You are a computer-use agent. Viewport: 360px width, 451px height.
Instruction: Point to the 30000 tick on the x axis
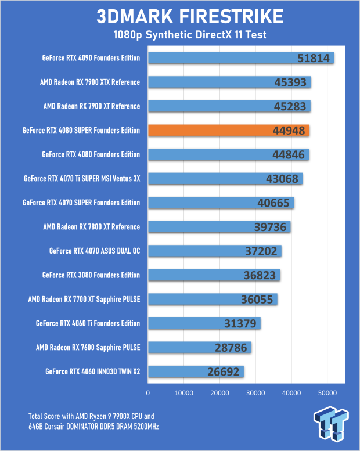(255, 393)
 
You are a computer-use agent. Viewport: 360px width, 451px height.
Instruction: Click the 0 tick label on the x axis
(149, 393)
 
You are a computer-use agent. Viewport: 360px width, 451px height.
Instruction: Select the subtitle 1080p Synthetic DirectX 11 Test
(180, 35)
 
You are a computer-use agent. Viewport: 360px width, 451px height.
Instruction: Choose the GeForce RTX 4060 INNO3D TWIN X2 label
(92, 371)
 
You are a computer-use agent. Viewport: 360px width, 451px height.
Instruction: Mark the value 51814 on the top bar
(313, 58)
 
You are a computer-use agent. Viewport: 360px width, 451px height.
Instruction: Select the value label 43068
(281, 179)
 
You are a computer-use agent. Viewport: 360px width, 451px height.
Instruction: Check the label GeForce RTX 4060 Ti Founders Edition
(88, 323)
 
